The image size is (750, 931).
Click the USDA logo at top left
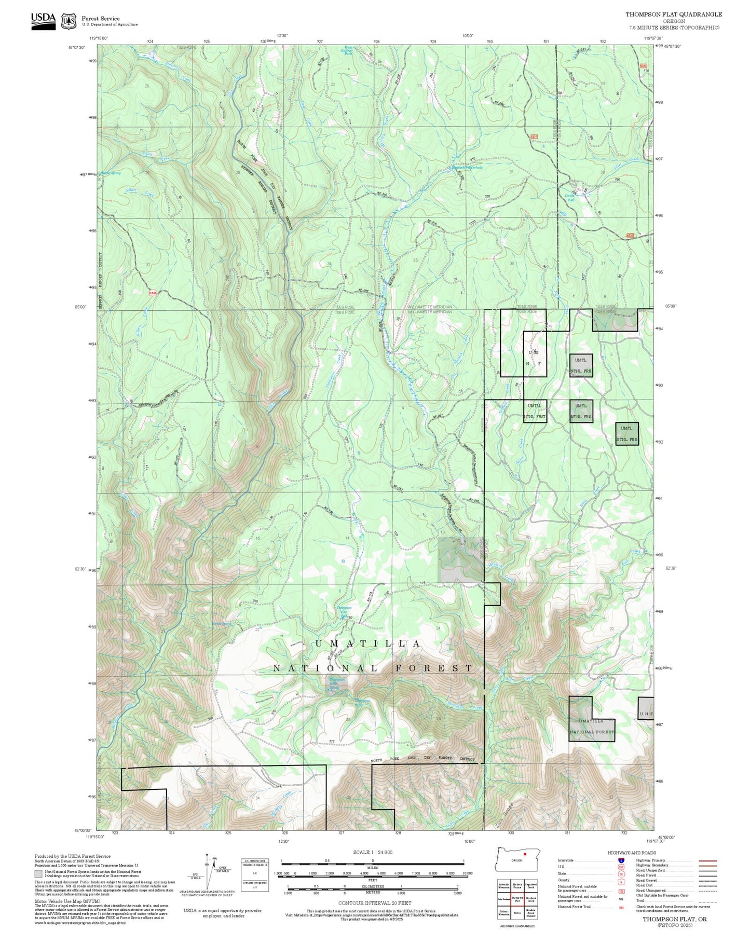pos(43,21)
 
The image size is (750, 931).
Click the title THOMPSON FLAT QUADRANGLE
pos(673,15)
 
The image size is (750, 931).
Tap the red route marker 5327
pos(534,136)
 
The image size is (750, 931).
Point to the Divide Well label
pos(570,198)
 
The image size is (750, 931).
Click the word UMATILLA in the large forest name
pos(368,644)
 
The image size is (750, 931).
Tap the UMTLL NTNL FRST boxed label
pos(535,411)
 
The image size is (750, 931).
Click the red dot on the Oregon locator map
pos(525,854)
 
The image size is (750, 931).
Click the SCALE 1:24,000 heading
pos(373,852)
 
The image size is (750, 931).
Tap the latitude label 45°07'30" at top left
pos(76,47)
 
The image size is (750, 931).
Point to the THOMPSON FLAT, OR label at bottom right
pos(674,919)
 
